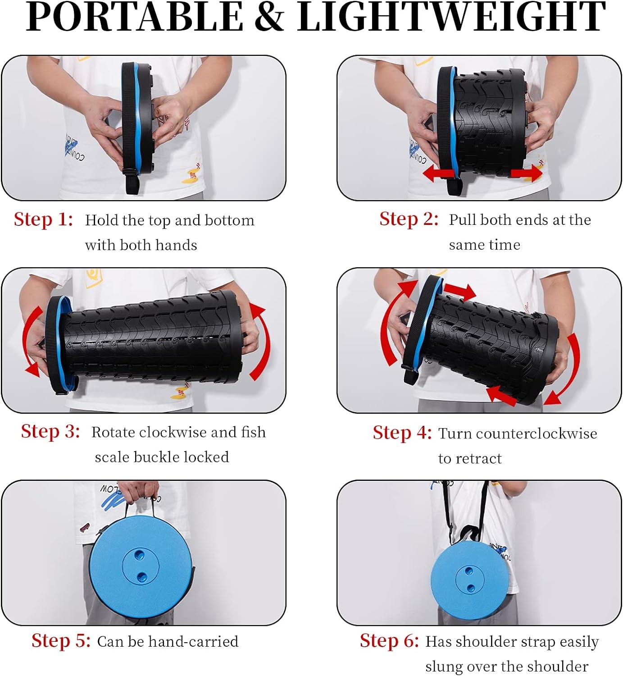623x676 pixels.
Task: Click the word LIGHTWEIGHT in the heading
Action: coord(451,17)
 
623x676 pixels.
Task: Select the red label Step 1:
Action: coord(43,219)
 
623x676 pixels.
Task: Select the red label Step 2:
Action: coord(409,219)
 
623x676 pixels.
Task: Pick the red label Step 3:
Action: coord(50,432)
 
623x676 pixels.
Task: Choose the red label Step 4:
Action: coord(402,433)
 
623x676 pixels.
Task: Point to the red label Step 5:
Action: coord(61,640)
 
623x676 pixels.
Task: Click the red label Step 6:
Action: coord(389,640)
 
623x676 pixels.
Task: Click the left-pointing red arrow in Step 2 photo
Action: coord(438,174)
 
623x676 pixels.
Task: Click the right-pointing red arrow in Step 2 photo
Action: coord(527,173)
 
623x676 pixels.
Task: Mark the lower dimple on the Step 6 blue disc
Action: coord(471,588)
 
